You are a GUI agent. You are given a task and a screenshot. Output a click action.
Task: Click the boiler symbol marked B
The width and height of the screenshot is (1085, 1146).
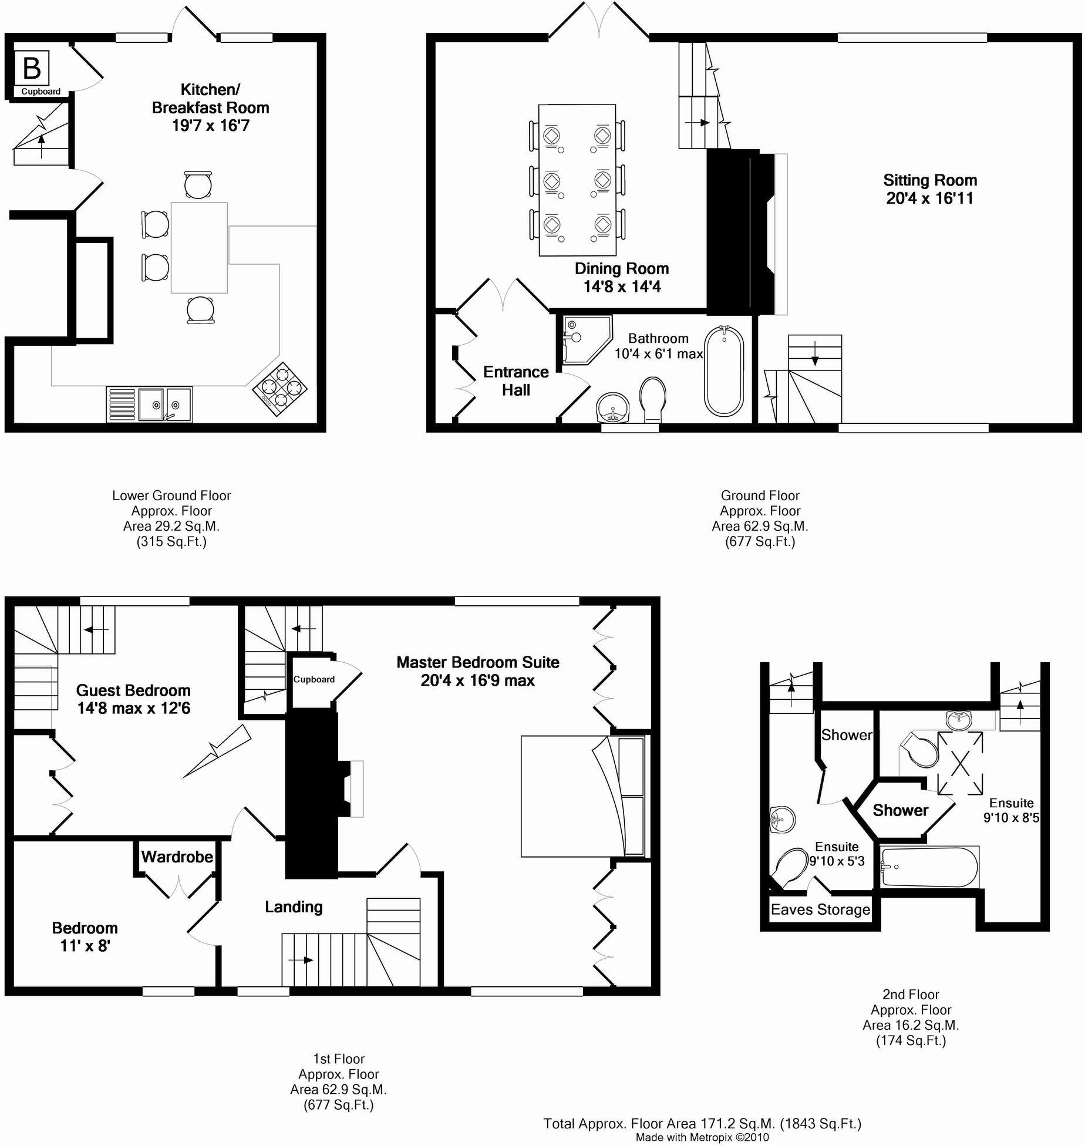point(32,69)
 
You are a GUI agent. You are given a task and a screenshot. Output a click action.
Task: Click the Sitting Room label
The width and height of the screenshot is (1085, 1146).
point(930,180)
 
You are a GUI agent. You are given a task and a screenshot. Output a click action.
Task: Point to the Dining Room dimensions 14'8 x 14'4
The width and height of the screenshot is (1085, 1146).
point(622,287)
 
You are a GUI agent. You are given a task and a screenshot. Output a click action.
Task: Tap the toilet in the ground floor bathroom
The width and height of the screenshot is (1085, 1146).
point(652,399)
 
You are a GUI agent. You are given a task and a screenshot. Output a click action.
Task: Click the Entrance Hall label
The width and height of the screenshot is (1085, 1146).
point(515,380)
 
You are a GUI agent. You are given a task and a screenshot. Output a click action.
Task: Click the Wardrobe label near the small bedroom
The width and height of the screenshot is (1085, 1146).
point(177,857)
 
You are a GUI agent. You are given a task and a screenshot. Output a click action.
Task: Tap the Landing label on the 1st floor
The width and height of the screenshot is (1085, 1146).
point(294,907)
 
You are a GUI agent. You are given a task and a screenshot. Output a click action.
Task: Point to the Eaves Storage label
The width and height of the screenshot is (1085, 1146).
point(820,909)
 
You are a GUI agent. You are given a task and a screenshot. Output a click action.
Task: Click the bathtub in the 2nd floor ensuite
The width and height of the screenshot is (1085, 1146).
point(929,867)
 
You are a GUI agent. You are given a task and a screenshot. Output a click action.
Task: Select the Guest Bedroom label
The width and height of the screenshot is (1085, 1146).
point(133,690)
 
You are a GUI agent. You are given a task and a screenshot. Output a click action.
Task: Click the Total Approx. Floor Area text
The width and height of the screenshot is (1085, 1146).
point(702,1124)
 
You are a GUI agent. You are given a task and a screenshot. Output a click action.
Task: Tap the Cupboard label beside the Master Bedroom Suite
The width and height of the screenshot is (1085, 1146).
point(314,679)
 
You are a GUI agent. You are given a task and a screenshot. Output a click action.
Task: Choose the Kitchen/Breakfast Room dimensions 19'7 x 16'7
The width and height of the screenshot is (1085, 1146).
point(210,126)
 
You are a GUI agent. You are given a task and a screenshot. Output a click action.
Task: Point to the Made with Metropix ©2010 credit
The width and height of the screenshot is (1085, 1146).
point(702,1137)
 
